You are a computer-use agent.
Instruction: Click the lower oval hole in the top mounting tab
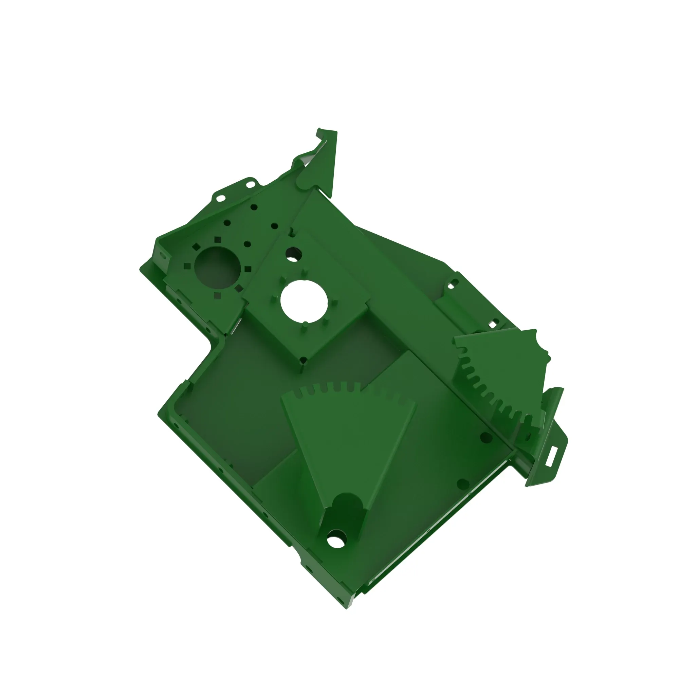220,198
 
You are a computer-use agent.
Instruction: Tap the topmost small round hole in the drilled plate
254,207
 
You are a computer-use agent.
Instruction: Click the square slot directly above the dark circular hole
218,240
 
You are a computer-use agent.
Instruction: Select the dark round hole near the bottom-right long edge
463,485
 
